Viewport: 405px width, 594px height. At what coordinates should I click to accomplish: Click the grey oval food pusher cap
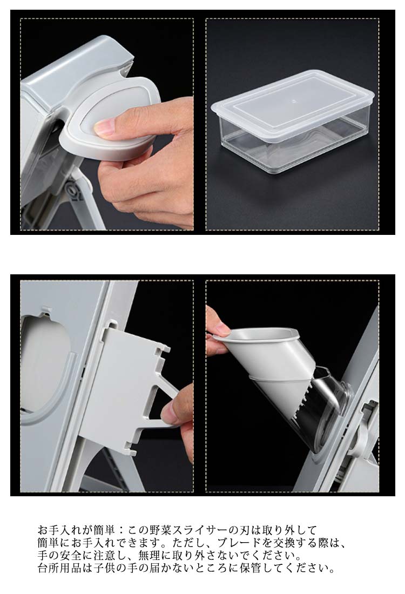tap(110, 119)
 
